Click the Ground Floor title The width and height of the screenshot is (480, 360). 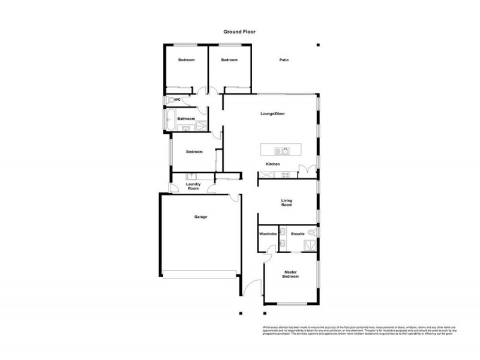pos(240,32)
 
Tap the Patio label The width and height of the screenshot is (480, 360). pos(284,60)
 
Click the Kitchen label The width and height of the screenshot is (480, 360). pos(273,164)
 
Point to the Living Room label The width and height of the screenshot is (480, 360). pos(287,203)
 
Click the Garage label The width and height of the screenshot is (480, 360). pos(200,217)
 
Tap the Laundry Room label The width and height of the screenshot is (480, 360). pos(193,187)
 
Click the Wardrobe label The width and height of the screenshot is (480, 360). pos(267,233)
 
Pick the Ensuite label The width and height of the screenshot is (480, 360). pos(298,233)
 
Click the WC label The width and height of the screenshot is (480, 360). pos(178,100)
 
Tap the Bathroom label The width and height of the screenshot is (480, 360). pos(186,119)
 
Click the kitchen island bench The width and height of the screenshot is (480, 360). pos(281,151)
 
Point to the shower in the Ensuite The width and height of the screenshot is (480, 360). pos(310,245)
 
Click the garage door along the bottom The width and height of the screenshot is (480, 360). pos(200,274)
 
